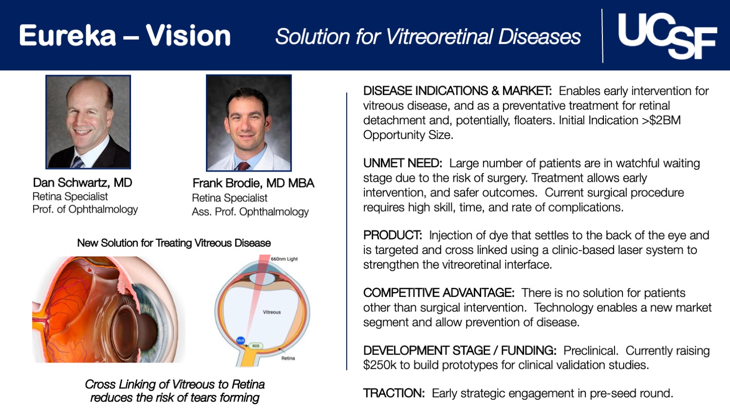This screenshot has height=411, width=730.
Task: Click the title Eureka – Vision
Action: [125, 36]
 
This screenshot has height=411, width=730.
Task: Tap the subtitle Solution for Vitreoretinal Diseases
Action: [428, 37]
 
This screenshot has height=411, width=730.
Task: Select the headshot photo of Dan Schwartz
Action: [88, 122]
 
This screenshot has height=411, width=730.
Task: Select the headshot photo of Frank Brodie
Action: [249, 123]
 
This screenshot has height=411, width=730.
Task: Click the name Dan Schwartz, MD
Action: [82, 183]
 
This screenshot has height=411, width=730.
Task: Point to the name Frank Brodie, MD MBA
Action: [253, 183]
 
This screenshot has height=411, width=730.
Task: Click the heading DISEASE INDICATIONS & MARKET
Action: [457, 91]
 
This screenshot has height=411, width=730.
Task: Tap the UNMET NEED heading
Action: [402, 163]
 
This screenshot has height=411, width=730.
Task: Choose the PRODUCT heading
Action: [392, 235]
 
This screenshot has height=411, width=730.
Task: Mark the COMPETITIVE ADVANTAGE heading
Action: [438, 293]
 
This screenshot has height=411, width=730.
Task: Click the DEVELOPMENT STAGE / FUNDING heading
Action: [459, 351]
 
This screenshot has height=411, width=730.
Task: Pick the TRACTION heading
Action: [393, 393]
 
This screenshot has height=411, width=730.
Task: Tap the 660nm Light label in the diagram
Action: [284, 259]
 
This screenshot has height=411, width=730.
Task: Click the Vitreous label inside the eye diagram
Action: [272, 312]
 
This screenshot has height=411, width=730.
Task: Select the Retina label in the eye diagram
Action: [288, 358]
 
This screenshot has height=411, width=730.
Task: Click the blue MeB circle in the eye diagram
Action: [241, 341]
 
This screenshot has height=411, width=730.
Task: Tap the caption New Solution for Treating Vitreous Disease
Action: [174, 243]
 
